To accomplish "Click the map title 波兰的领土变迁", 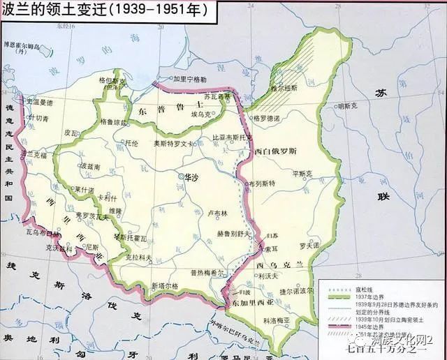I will [52, 10].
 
